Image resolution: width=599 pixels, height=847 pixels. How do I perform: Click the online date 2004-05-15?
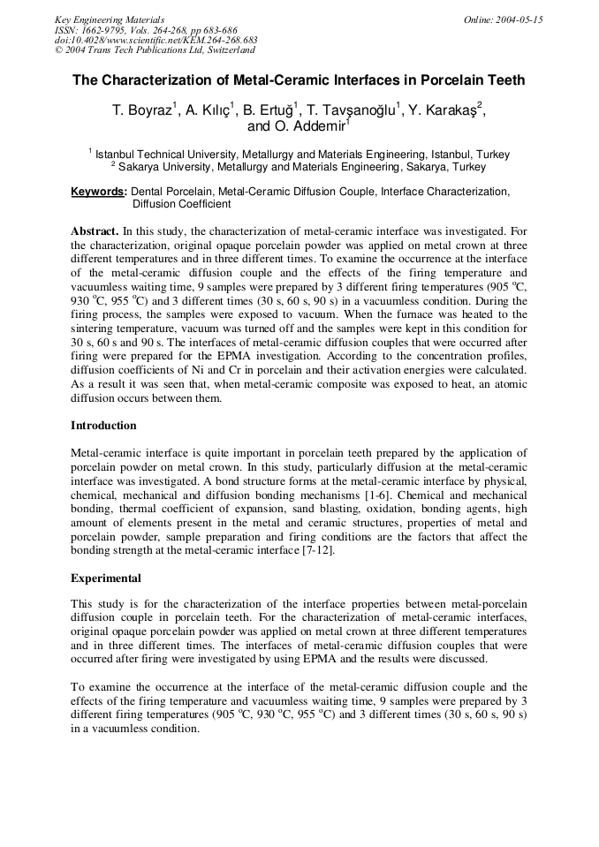pyautogui.click(x=504, y=19)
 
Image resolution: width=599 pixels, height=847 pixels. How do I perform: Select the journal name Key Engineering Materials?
pyautogui.click(x=109, y=19)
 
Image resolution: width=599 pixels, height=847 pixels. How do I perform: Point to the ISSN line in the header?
pyautogui.click(x=146, y=30)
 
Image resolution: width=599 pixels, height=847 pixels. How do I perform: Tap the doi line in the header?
pyautogui.click(x=155, y=41)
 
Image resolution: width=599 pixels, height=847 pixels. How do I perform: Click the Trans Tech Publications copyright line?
pyautogui.click(x=155, y=50)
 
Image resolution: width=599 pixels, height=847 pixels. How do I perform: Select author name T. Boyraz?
pyautogui.click(x=145, y=110)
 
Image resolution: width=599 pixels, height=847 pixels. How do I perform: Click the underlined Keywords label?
pyautogui.click(x=99, y=192)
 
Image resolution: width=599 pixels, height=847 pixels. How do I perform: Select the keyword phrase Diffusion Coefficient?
pyautogui.click(x=181, y=204)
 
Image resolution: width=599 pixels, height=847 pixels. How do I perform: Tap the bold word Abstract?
pyautogui.click(x=94, y=231)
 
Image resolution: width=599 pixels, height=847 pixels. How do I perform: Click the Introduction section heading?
pyautogui.click(x=103, y=426)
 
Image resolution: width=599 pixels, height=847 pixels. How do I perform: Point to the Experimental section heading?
pyautogui.click(x=106, y=579)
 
